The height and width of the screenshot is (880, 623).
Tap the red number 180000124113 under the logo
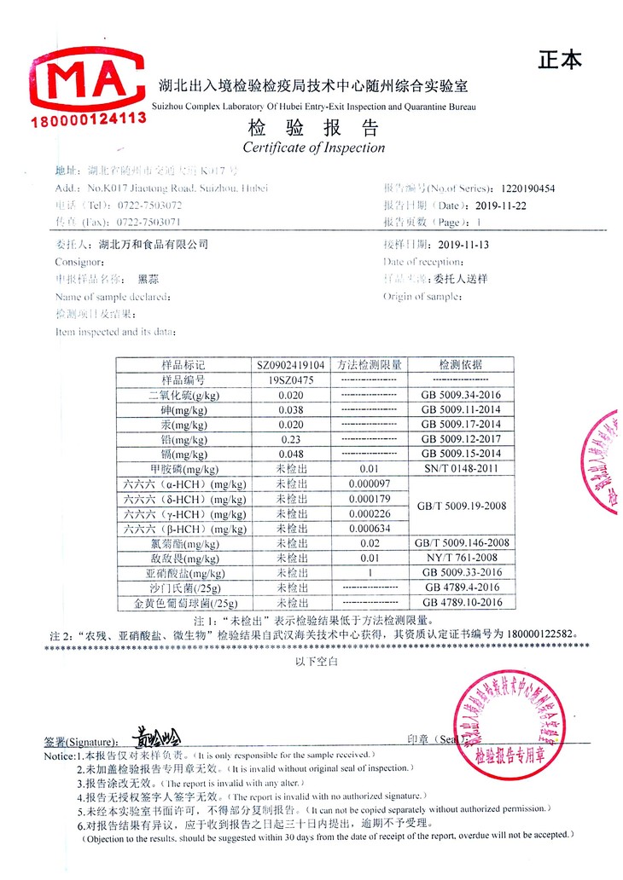point(89,119)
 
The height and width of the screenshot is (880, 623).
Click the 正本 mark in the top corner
point(560,60)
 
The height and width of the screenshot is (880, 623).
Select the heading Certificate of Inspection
point(313,148)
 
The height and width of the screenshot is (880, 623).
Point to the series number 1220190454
point(528,188)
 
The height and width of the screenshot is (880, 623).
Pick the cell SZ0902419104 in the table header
point(291,365)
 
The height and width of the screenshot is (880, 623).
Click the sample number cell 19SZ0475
point(291,379)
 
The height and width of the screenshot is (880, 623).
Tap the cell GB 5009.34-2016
point(461,395)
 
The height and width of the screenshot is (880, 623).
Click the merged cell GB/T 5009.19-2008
point(461,506)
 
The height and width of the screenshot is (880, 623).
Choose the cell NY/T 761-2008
point(461,558)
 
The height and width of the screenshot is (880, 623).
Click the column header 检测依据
point(461,365)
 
